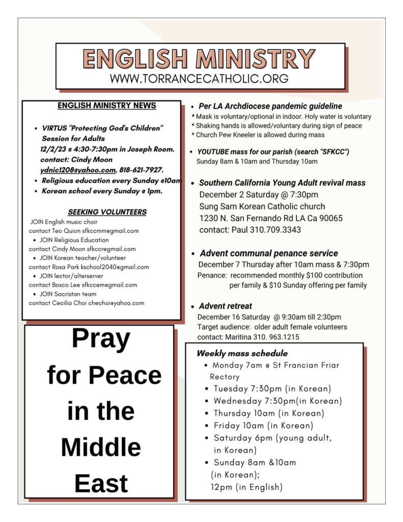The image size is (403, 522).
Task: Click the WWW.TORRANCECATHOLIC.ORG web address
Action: [x=199, y=79]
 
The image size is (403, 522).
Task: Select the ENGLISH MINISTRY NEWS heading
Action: [x=106, y=106]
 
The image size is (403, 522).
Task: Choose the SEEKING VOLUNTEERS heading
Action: [x=107, y=212]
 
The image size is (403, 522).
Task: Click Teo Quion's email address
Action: [x=111, y=231]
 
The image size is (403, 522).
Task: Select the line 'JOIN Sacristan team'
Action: [x=68, y=294]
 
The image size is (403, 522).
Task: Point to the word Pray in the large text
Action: [x=101, y=339]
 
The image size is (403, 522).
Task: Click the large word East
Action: [x=101, y=484]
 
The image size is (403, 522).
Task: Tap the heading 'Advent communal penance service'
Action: [x=268, y=253]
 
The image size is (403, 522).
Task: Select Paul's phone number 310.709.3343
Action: [x=275, y=230]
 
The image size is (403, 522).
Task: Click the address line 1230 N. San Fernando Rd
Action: [x=271, y=218]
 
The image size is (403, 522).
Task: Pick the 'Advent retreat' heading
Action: [x=225, y=306]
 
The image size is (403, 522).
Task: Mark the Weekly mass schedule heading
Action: [x=242, y=353]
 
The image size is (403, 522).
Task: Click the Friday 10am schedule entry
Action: [x=263, y=426]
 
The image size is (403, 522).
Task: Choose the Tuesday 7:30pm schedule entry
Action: [x=272, y=389]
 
